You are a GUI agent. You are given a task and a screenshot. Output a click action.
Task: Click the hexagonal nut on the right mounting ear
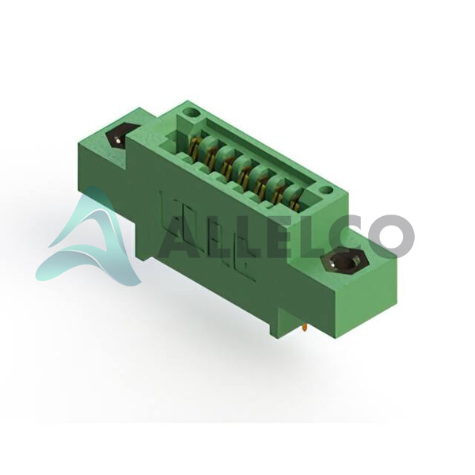coord(345,262)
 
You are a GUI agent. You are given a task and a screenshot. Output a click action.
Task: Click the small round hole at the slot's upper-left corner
coord(192,114)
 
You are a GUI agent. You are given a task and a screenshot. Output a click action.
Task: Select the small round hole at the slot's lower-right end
coord(326,191)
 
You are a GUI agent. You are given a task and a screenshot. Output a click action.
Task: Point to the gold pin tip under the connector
coord(304,328)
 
